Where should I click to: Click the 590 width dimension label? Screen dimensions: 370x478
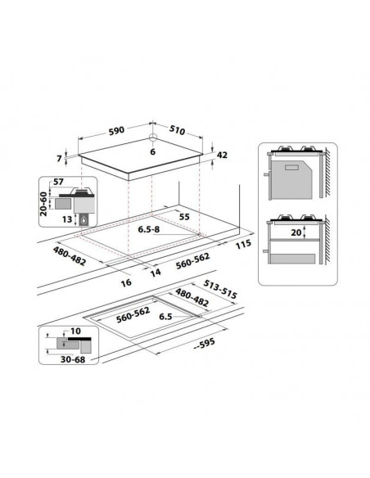click(x=116, y=130)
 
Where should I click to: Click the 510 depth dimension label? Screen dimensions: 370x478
click(x=177, y=130)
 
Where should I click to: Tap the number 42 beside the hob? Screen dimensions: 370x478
click(x=222, y=155)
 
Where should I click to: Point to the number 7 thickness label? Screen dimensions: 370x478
click(x=60, y=158)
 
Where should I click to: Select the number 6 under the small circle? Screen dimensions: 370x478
click(x=153, y=151)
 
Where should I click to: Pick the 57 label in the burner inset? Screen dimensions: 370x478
click(x=58, y=182)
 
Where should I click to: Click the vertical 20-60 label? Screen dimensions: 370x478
click(x=44, y=204)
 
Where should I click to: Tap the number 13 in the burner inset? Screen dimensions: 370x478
click(x=67, y=219)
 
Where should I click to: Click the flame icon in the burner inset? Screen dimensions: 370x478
click(x=83, y=219)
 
